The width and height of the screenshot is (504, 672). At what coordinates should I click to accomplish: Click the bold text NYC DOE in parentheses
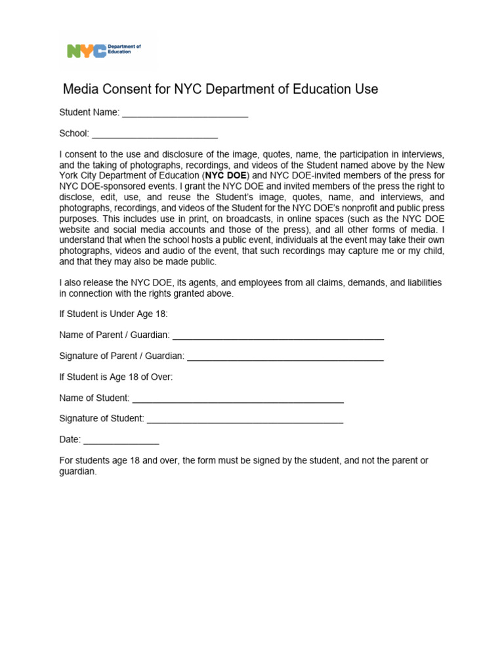(226, 176)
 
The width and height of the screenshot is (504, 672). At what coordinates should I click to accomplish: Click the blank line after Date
(121, 441)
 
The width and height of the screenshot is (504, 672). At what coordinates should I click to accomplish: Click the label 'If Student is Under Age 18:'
(114, 314)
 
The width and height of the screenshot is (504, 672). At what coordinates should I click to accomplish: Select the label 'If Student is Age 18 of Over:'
(116, 377)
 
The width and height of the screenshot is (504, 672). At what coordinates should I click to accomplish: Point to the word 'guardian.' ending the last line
(78, 471)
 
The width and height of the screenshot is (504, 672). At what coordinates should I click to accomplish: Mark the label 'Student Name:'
(89, 113)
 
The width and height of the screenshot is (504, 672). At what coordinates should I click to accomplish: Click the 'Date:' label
(70, 440)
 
